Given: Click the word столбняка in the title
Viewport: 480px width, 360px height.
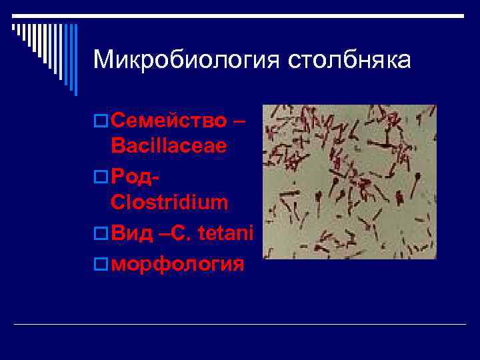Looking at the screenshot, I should click(x=350, y=60).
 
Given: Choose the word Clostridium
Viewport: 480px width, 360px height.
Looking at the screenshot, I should click(x=169, y=202).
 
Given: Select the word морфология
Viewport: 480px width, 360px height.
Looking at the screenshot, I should click(x=178, y=263).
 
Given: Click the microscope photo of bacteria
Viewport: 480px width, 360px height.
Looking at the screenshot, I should click(x=349, y=181).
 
